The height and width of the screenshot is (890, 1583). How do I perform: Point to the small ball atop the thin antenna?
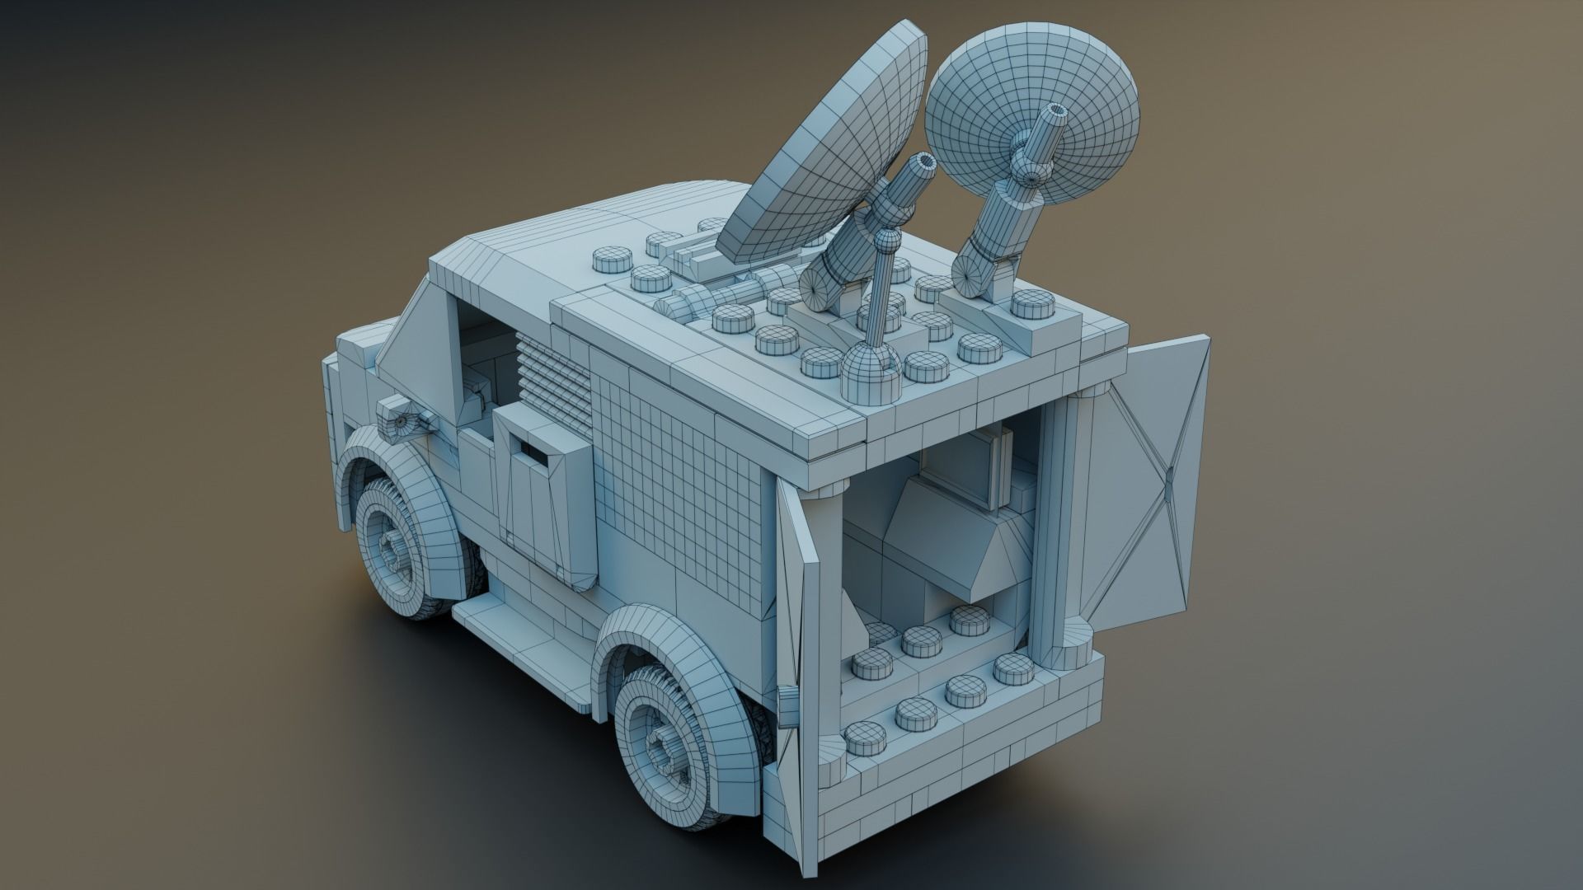pos(885,241)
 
